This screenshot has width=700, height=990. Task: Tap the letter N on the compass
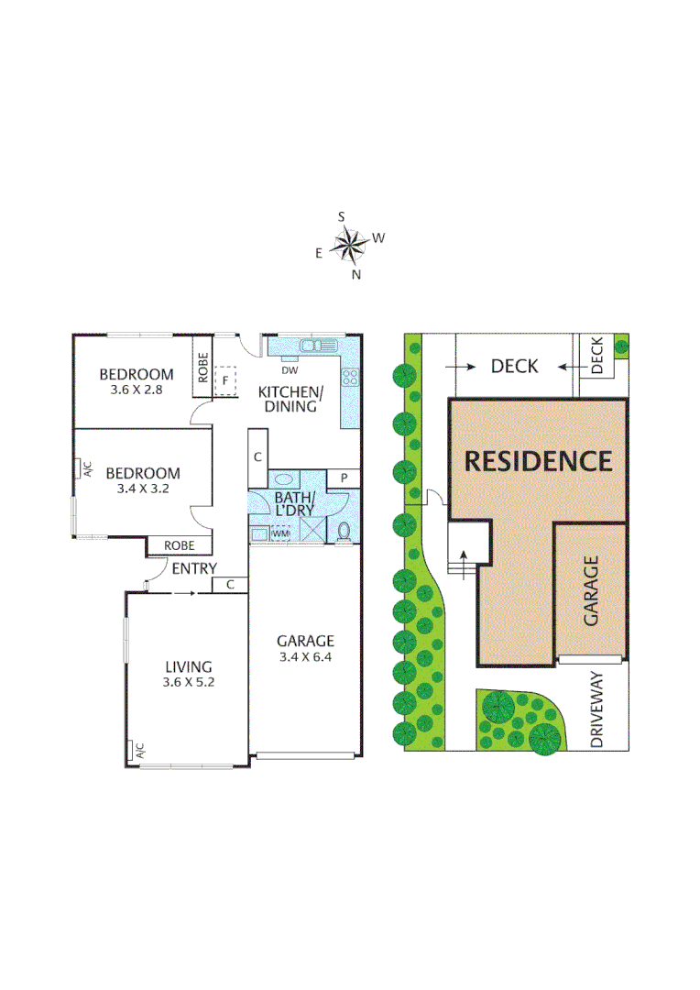(357, 274)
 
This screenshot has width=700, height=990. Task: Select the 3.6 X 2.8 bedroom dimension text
(136, 389)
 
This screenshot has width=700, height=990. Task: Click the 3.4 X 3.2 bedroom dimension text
(142, 489)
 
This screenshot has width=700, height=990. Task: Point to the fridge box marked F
(225, 379)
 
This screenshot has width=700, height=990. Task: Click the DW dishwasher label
(290, 370)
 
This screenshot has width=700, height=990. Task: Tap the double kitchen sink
(317, 346)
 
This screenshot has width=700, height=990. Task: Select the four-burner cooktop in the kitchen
(348, 376)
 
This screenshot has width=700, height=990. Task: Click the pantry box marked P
(344, 478)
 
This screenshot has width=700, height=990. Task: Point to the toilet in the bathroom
(345, 531)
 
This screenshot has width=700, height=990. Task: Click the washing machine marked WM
(279, 533)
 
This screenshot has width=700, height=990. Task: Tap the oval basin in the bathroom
(283, 478)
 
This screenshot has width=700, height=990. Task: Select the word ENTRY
(193, 569)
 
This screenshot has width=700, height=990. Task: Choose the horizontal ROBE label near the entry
(179, 545)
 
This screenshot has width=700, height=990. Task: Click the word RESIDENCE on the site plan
(538, 460)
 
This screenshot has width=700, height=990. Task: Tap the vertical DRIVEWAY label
(597, 709)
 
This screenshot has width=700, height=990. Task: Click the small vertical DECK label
(597, 357)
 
